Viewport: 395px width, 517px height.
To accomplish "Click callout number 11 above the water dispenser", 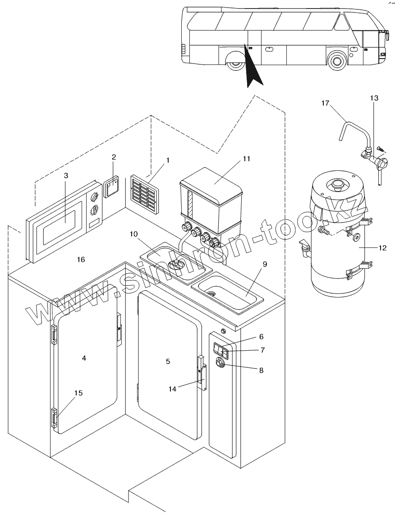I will coord(246,158).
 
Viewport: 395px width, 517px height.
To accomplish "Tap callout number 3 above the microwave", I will coord(66,175).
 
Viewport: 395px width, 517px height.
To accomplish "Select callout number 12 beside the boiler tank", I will coord(382,248).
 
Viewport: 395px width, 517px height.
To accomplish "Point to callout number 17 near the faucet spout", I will coord(326,103).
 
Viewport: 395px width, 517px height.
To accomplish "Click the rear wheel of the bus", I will coord(234,64).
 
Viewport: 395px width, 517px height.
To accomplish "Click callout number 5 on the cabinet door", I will coord(168,361).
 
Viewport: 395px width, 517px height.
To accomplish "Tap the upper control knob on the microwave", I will coord(95,197).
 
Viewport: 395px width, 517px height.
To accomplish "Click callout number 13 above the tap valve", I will coord(374,98).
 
